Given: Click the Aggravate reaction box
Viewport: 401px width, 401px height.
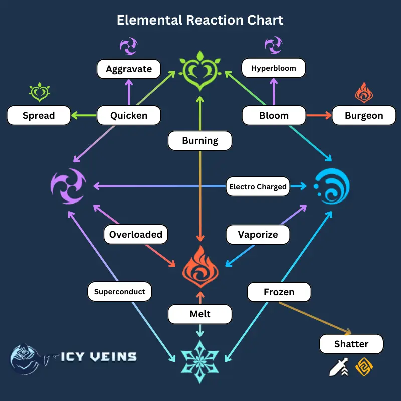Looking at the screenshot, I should [x=129, y=69].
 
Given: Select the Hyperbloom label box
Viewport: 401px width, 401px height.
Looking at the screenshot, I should [x=273, y=68].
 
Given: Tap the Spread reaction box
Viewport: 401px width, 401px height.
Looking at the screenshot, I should [x=39, y=115].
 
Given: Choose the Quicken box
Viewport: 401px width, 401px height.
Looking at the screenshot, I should [x=129, y=115].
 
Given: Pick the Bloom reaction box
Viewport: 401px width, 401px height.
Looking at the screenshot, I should [x=274, y=115].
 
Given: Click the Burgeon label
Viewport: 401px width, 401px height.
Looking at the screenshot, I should [x=364, y=115].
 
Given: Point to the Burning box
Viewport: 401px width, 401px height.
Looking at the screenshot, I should [x=200, y=141].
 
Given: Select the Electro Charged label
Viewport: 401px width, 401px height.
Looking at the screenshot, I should [x=258, y=187].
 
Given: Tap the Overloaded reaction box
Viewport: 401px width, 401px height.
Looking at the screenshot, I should [x=136, y=234].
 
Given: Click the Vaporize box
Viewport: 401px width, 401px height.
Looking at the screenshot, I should [x=258, y=234].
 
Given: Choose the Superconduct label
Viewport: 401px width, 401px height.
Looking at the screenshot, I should [x=119, y=291].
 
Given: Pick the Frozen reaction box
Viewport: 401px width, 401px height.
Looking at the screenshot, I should [x=279, y=291].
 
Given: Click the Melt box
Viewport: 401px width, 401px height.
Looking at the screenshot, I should [x=200, y=314].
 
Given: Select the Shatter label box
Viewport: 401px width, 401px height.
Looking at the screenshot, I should [x=351, y=344].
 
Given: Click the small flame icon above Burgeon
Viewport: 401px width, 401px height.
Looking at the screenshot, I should [x=364, y=93].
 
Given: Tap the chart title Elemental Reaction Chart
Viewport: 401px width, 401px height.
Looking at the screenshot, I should [x=200, y=20].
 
